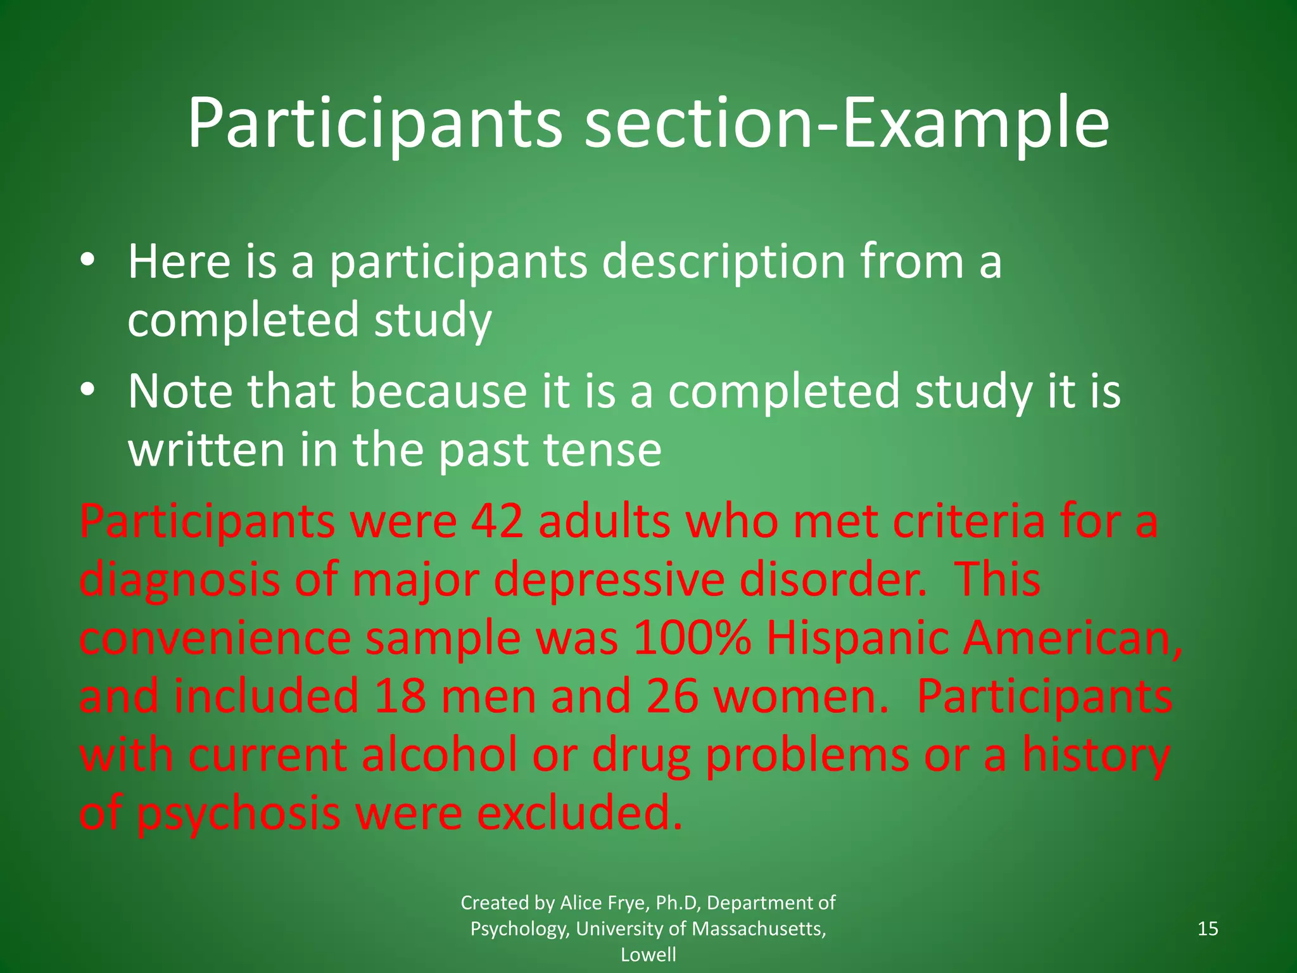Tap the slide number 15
(x=1208, y=929)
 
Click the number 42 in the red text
(x=497, y=521)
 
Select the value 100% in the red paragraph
(x=692, y=639)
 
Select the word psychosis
(x=239, y=815)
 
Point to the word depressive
(x=609, y=580)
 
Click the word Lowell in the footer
(x=648, y=955)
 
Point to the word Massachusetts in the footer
(x=758, y=929)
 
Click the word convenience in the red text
(x=215, y=639)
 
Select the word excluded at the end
(x=579, y=813)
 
